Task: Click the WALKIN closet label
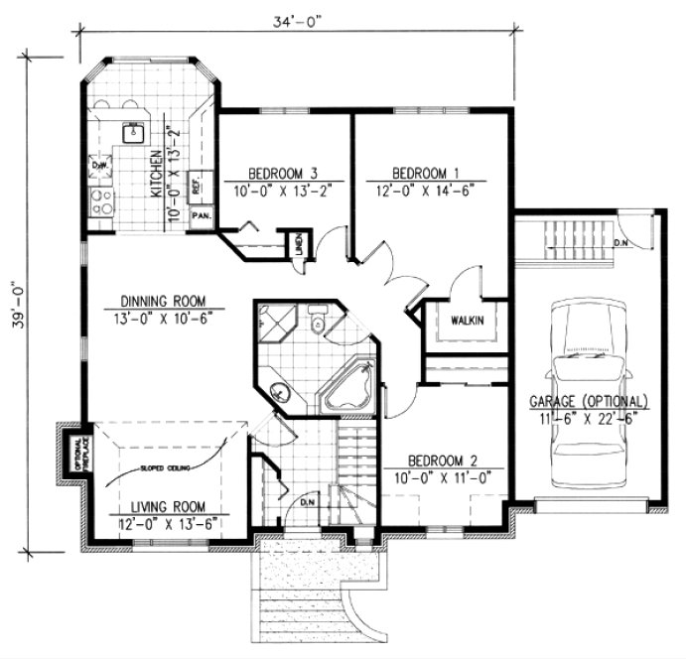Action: click(465, 321)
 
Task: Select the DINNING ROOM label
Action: click(163, 300)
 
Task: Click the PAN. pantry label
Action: click(201, 214)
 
